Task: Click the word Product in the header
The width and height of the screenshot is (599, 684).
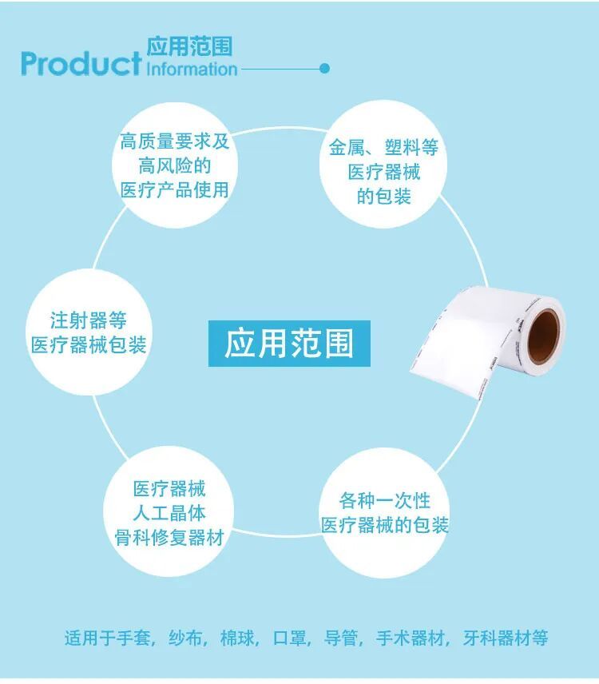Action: pos(81,63)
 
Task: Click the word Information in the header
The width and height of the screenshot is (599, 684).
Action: pos(192,69)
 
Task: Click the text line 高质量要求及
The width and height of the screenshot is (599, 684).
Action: pos(174,142)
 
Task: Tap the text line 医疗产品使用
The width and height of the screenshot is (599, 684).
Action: pos(174,190)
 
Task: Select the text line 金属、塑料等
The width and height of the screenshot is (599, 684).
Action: pos(383,148)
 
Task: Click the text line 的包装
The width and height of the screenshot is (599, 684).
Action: pos(383,196)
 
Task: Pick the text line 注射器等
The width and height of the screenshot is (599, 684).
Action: pos(89,320)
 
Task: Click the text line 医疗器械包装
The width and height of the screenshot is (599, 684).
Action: pos(89,345)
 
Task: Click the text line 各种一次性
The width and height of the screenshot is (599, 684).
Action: pos(384,500)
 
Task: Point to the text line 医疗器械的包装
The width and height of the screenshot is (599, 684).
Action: pos(384,525)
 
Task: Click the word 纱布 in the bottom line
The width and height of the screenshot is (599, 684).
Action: pos(186,638)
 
